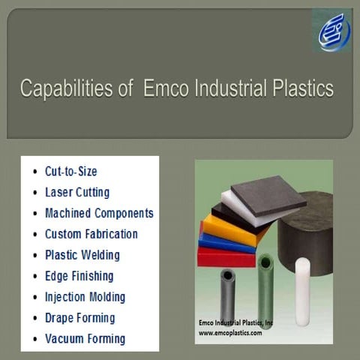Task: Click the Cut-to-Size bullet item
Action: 70,171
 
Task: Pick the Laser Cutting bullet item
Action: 76,192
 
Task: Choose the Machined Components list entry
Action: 99,213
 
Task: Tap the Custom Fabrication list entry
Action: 91,234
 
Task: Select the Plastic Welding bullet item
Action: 82,255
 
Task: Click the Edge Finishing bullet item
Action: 79,276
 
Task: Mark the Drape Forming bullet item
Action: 79,318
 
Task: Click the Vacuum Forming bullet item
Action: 85,339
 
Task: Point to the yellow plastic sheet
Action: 225,229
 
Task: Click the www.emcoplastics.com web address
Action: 230,332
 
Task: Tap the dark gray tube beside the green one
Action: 226,292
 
